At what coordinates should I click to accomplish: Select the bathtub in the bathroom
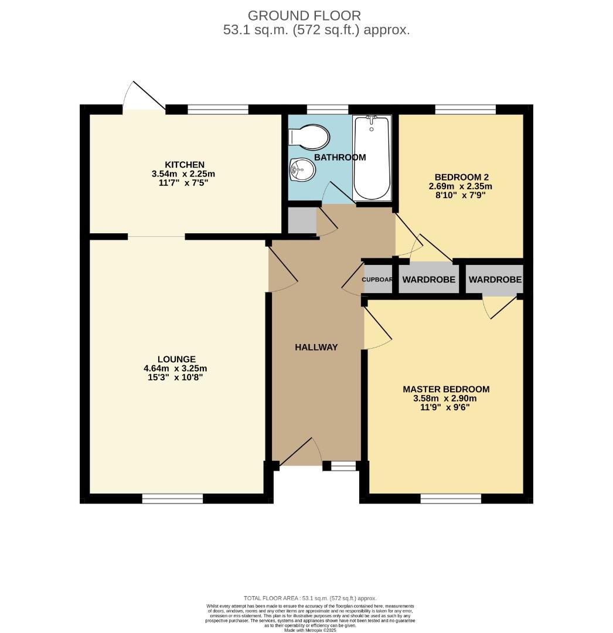click(x=372, y=157)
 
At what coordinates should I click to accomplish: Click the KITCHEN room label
click(x=184, y=165)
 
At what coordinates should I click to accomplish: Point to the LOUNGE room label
click(x=176, y=359)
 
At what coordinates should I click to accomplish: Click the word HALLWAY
click(x=316, y=347)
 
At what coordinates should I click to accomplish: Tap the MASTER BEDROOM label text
click(x=446, y=389)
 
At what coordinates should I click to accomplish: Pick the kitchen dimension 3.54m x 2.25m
click(x=184, y=174)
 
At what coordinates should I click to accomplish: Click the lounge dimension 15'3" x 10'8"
click(x=176, y=378)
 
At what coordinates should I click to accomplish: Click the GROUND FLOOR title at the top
click(x=304, y=16)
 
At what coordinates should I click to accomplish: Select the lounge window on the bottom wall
click(x=172, y=499)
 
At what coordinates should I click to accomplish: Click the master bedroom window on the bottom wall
click(x=451, y=499)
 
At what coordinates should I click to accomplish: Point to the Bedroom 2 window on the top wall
click(x=465, y=109)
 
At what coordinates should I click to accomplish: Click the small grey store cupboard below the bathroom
click(x=301, y=220)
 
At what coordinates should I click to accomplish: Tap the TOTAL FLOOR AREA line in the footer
click(x=309, y=598)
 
